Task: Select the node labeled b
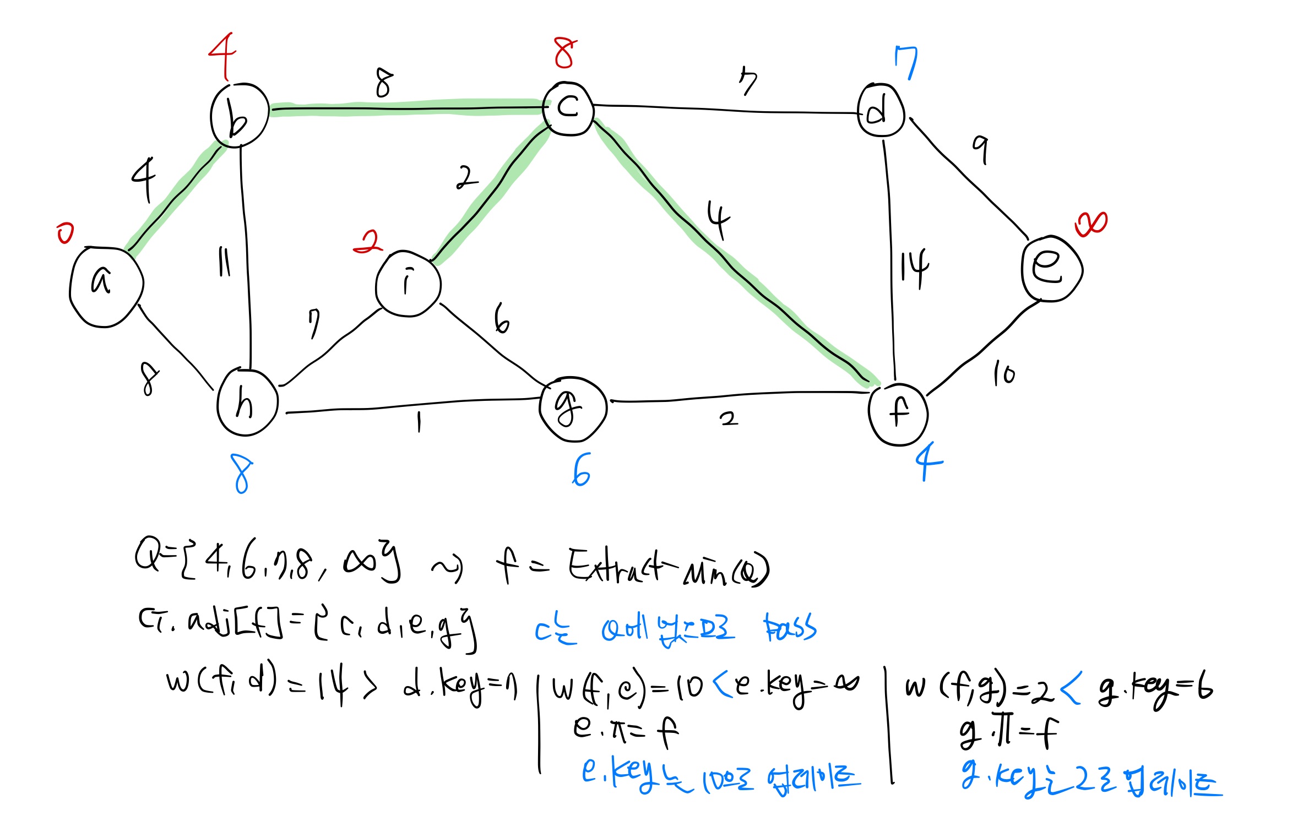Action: point(240,116)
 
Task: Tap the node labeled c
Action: point(568,108)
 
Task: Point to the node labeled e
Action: point(1051,269)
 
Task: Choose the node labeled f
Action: point(898,414)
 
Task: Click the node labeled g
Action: point(573,409)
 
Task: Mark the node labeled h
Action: point(247,403)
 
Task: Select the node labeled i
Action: point(408,284)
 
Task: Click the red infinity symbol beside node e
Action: point(1090,224)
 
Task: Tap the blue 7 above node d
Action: point(906,62)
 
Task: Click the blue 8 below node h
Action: point(242,474)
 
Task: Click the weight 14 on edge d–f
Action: point(914,268)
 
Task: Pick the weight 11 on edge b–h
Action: point(224,262)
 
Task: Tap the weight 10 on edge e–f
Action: point(1003,374)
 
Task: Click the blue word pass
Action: point(790,627)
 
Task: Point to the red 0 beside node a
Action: point(65,233)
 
